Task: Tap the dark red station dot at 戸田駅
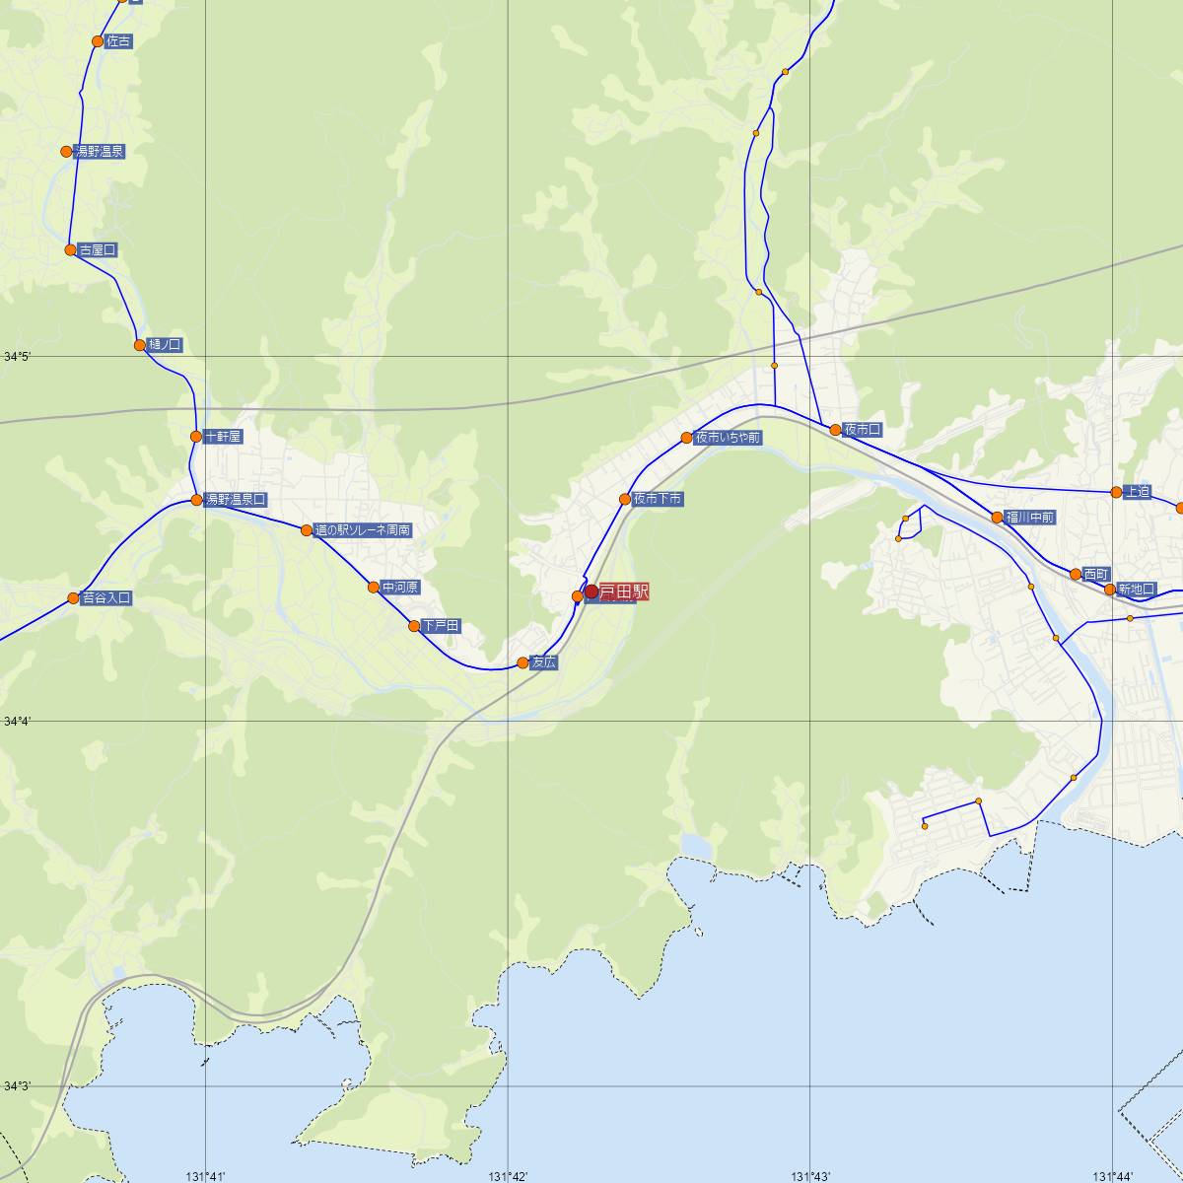(x=591, y=591)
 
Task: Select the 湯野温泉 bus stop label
(x=100, y=151)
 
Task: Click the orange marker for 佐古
(x=98, y=41)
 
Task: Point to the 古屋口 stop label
(x=98, y=249)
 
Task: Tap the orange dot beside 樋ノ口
(x=140, y=345)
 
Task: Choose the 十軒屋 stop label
(x=223, y=436)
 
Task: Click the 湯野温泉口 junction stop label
(x=235, y=500)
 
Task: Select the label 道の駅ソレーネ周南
(x=363, y=530)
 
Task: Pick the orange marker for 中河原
(x=374, y=587)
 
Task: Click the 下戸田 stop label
(x=441, y=626)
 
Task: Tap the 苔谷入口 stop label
(x=106, y=597)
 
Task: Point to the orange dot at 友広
(x=523, y=662)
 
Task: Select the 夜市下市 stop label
(x=658, y=499)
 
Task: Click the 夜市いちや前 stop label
(x=728, y=437)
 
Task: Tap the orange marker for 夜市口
(x=835, y=429)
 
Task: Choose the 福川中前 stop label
(x=1029, y=517)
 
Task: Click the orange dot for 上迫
(x=1116, y=491)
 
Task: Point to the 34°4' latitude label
(x=17, y=722)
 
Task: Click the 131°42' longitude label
(x=508, y=1175)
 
